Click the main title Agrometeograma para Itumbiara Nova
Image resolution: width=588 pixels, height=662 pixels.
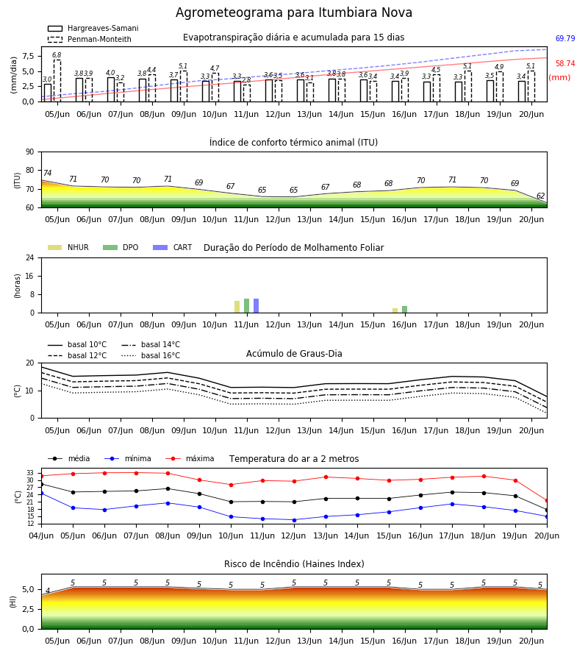click(x=293, y=13)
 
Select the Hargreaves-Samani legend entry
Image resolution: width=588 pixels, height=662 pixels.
click(x=93, y=28)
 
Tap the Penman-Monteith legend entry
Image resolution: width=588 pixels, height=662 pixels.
click(x=90, y=39)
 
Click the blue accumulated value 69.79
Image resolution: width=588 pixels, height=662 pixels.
click(x=565, y=38)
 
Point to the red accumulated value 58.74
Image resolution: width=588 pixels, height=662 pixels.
click(x=565, y=64)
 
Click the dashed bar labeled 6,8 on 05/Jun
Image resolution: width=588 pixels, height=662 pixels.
click(x=57, y=81)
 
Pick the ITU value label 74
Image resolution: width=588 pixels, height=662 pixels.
click(x=47, y=173)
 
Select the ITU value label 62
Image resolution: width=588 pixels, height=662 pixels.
click(x=540, y=196)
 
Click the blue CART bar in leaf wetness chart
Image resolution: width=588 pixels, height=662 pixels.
click(x=256, y=306)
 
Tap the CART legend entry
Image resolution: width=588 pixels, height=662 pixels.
click(x=173, y=247)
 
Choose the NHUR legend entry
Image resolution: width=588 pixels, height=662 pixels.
click(x=68, y=247)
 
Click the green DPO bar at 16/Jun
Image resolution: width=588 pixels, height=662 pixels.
click(x=404, y=310)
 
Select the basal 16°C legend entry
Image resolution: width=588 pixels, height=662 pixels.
click(x=151, y=355)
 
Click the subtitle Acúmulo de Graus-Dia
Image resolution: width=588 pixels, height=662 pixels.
click(x=294, y=354)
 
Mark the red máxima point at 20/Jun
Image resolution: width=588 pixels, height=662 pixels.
click(x=547, y=501)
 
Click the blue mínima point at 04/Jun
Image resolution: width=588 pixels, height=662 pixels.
click(x=41, y=493)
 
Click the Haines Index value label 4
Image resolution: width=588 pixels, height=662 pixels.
click(x=48, y=591)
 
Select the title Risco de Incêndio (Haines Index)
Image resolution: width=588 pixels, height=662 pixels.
click(x=294, y=564)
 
